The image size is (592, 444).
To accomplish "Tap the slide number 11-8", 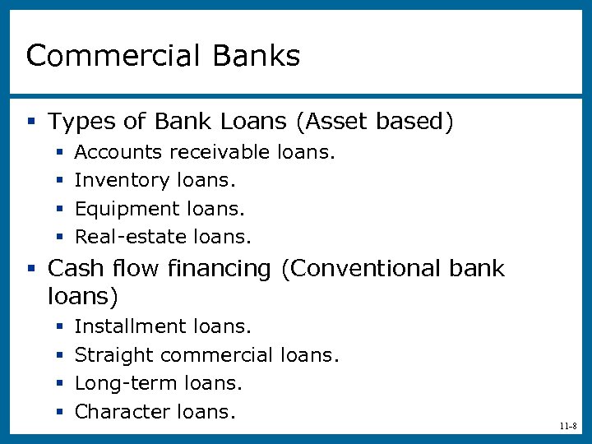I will (567, 427).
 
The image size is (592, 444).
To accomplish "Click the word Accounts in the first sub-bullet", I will (118, 152).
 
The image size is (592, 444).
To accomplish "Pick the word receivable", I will (220, 152).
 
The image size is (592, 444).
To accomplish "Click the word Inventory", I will (123, 180).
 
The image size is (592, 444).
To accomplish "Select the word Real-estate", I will (131, 238).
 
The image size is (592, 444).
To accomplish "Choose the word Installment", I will (131, 326).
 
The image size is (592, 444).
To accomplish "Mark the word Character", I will (123, 411).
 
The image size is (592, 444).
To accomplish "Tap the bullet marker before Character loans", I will (59, 412).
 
